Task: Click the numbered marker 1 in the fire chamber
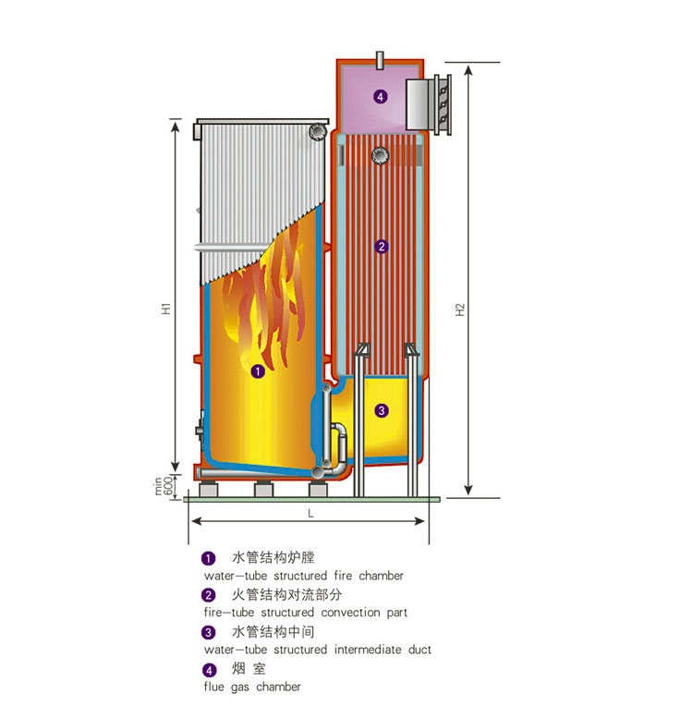pyautogui.click(x=258, y=371)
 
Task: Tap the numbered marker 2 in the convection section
pyautogui.click(x=382, y=247)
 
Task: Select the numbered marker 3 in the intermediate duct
pyautogui.click(x=382, y=410)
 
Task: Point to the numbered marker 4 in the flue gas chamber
pyautogui.click(x=380, y=96)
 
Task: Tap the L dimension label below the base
pyautogui.click(x=310, y=512)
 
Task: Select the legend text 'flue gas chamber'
pyautogui.click(x=252, y=687)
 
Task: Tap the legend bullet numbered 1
pyautogui.click(x=209, y=558)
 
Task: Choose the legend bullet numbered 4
pyautogui.click(x=209, y=669)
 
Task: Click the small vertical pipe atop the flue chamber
pyautogui.click(x=381, y=59)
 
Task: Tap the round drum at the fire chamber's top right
pyautogui.click(x=318, y=132)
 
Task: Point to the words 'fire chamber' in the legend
pyautogui.click(x=369, y=576)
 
